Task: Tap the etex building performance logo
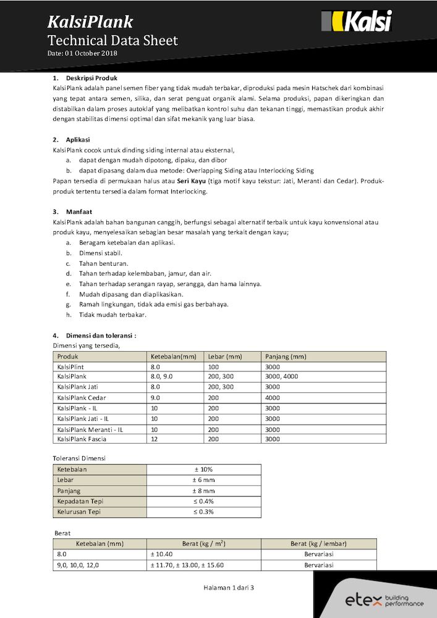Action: point(384,600)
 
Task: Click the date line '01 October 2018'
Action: point(82,54)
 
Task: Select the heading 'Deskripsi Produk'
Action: point(91,78)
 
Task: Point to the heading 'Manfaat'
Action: point(79,211)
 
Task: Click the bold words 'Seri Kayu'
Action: point(192,180)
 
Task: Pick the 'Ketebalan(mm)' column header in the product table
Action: point(174,357)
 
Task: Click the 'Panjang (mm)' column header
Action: point(286,357)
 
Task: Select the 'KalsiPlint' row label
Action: point(70,367)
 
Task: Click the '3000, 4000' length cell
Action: point(281,376)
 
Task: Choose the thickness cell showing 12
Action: point(155,439)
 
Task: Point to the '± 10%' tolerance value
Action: point(203,470)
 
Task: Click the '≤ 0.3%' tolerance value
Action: point(203,512)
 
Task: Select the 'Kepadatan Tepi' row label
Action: point(80,501)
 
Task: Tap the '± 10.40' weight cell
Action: point(161,554)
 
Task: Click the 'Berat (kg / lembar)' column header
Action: point(318,544)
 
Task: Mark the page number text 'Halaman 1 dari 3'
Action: point(229,588)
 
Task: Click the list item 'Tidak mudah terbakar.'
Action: point(112,315)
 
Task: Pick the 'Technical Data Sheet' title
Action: point(112,41)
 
